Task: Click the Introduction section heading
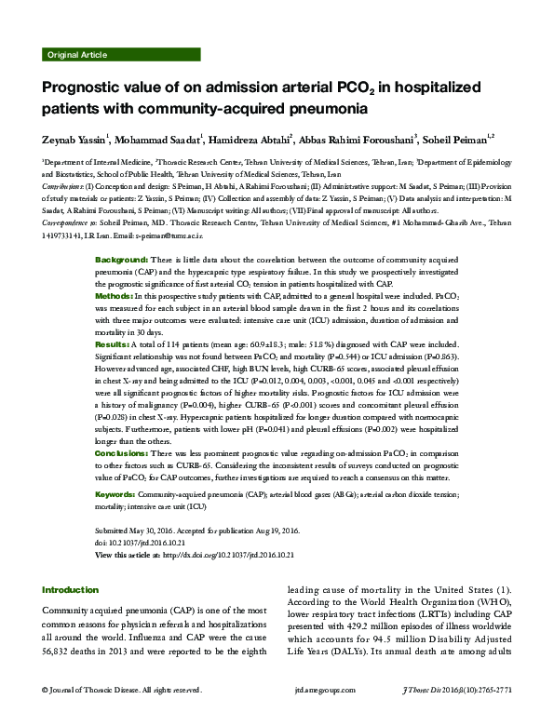tap(70, 589)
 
